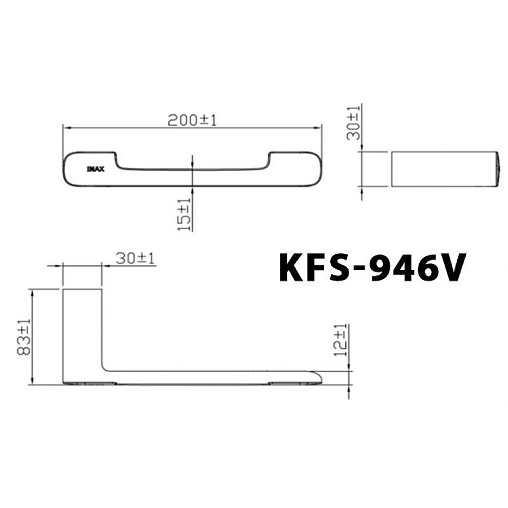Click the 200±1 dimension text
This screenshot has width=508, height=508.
(192, 120)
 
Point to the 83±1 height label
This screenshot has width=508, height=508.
(24, 338)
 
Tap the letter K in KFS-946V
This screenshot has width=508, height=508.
(294, 268)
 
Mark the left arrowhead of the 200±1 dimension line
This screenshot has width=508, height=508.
(65, 127)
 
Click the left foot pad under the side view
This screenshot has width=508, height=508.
(88, 384)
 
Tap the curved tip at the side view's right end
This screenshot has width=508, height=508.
(317, 376)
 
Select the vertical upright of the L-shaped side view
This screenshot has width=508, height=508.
(82, 327)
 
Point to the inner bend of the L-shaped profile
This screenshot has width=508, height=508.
(106, 367)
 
